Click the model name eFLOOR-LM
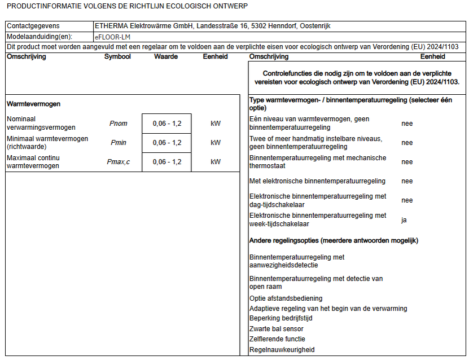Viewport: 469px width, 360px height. coord(113,37)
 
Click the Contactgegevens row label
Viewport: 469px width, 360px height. coord(33,26)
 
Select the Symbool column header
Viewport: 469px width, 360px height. coord(117,56)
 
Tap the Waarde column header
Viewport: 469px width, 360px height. coord(166,56)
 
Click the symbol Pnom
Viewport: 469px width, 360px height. coord(118,124)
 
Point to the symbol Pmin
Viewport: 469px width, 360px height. coord(119,143)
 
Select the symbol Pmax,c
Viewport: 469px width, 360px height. coord(119,162)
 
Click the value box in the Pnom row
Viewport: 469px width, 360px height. coord(167,124)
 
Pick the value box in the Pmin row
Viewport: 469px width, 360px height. coord(167,143)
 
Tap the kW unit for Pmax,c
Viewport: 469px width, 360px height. coord(216,162)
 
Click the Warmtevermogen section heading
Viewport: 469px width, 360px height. coord(34,104)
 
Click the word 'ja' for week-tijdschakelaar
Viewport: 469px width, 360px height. coord(404,220)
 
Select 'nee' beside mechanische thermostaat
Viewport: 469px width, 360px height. coord(407,162)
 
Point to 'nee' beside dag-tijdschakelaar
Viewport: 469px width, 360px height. coord(407,200)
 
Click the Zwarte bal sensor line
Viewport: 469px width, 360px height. coord(277,329)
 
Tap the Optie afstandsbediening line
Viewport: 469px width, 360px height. coord(286,298)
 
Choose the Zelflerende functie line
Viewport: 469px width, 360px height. coord(277,339)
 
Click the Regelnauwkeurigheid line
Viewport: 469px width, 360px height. coord(282,350)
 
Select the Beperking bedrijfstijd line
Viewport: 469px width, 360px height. coord(281,318)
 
